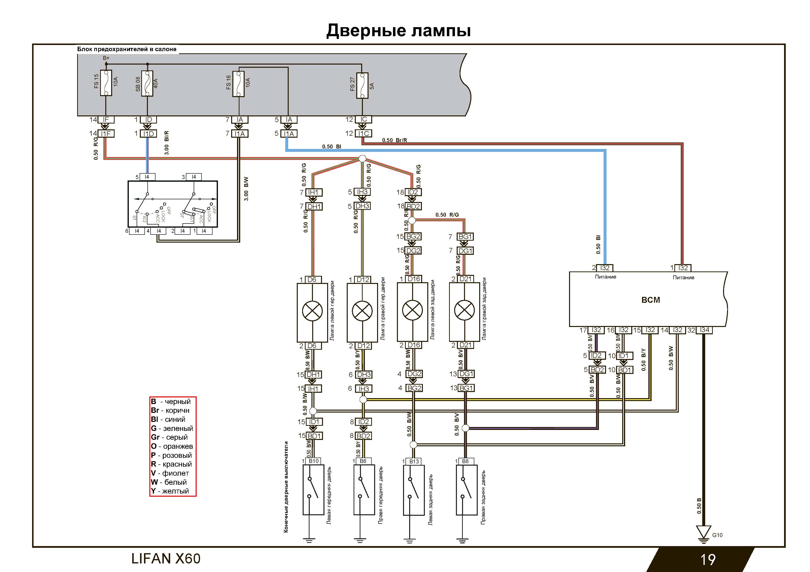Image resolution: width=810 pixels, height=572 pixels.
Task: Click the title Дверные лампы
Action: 398,31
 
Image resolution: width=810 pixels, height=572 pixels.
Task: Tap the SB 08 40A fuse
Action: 147,84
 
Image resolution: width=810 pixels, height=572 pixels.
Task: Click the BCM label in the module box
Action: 650,300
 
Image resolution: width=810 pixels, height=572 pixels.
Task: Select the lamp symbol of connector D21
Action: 464,311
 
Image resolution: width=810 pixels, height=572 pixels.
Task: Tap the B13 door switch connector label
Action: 414,461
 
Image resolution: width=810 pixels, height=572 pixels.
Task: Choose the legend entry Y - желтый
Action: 170,491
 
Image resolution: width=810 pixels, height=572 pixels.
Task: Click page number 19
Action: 707,559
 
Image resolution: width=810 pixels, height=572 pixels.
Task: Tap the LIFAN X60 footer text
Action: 166,559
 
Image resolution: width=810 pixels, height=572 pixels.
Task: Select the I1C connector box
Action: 363,134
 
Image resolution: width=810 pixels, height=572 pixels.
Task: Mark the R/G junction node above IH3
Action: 362,159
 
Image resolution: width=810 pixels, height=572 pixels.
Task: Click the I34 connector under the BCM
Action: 704,330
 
